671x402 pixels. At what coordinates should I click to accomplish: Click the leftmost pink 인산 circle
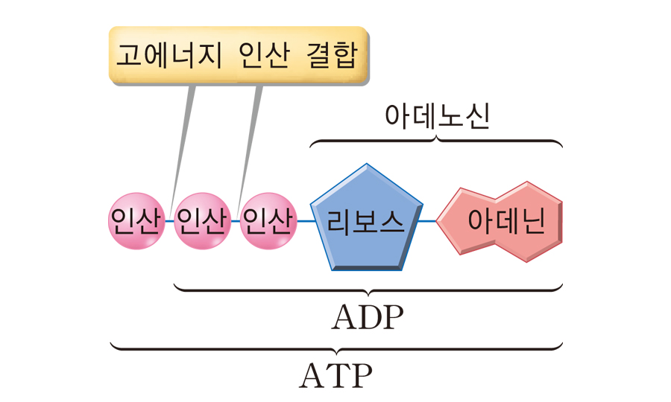136,221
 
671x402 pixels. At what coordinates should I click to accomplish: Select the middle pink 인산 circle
201,221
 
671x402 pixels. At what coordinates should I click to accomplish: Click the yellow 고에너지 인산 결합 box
239,56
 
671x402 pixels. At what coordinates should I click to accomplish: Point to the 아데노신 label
436,117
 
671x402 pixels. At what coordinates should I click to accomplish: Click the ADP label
367,319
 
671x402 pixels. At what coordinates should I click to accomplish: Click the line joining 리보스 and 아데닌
427,221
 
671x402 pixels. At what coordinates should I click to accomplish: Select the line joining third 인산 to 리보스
303,221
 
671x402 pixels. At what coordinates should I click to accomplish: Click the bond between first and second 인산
168,221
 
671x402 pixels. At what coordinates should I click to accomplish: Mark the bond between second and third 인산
235,221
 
